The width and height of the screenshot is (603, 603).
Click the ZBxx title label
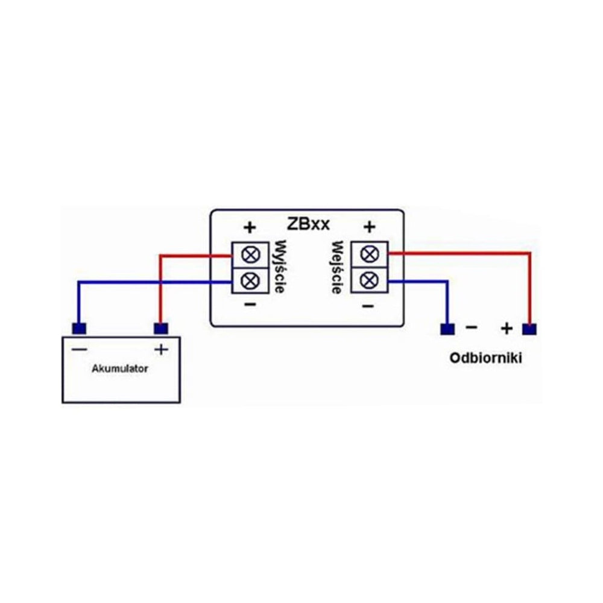308,224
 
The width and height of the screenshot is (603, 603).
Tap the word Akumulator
119,369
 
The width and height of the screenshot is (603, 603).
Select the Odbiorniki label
485,358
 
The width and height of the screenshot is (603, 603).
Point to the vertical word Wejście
337,267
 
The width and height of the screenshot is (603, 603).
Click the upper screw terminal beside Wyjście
250,255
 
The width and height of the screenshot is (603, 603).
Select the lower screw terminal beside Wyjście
250,281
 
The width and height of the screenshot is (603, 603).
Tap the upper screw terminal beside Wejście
370,254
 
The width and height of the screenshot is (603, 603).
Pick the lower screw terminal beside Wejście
370,280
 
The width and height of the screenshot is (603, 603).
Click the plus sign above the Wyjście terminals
250,227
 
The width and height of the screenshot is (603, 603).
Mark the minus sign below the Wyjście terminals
250,304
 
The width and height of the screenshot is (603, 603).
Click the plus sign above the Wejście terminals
369,227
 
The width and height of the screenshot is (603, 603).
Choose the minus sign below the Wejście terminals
368,306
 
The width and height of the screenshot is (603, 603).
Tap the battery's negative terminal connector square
79,329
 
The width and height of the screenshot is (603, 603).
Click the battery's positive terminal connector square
161,329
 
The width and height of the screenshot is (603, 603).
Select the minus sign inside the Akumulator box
79,349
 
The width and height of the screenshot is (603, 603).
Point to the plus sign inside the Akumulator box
161,350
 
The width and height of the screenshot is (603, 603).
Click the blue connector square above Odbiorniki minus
447,329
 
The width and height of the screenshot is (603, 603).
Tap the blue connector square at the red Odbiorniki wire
529,330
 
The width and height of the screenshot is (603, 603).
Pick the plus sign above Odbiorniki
507,329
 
